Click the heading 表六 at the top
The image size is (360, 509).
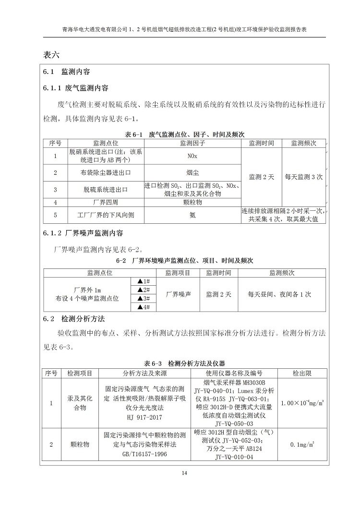pos(51,54)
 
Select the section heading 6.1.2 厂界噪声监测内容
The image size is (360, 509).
pos(84,233)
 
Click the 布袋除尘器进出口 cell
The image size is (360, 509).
pos(106,172)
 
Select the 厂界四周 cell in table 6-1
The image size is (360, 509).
pos(106,202)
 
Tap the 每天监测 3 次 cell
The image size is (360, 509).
pos(303,177)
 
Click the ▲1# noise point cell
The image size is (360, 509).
pos(144,281)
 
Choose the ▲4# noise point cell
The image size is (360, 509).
pos(144,307)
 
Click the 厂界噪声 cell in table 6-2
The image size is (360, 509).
pos(178,294)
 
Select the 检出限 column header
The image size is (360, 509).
pos(302,373)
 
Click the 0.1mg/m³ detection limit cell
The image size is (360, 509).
pos(302,445)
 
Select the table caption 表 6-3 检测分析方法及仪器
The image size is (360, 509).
pos(184,364)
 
